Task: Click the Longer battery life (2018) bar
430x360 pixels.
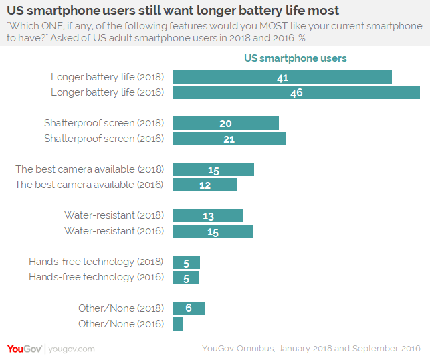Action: (x=282, y=77)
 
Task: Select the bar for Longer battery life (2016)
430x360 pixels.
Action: (x=296, y=92)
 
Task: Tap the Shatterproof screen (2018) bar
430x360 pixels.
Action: (x=225, y=123)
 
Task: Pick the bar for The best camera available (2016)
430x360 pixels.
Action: (x=205, y=185)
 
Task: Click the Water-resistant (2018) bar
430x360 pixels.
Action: (x=208, y=215)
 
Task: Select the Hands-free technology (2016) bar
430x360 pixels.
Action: (x=186, y=277)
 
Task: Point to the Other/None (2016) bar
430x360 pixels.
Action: (x=178, y=324)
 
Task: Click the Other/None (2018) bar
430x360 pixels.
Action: (x=189, y=308)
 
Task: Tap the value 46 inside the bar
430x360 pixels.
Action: (x=296, y=93)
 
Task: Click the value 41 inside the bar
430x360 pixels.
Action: (x=282, y=78)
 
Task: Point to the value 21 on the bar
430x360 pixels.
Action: (x=229, y=139)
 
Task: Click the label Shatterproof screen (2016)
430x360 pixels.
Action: (x=104, y=139)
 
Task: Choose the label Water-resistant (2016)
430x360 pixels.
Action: (x=114, y=231)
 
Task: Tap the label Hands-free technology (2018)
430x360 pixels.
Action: (x=96, y=262)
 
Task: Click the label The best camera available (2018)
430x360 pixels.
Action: (x=90, y=169)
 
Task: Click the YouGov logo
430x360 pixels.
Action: (x=25, y=349)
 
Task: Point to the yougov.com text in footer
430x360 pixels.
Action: (x=72, y=349)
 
